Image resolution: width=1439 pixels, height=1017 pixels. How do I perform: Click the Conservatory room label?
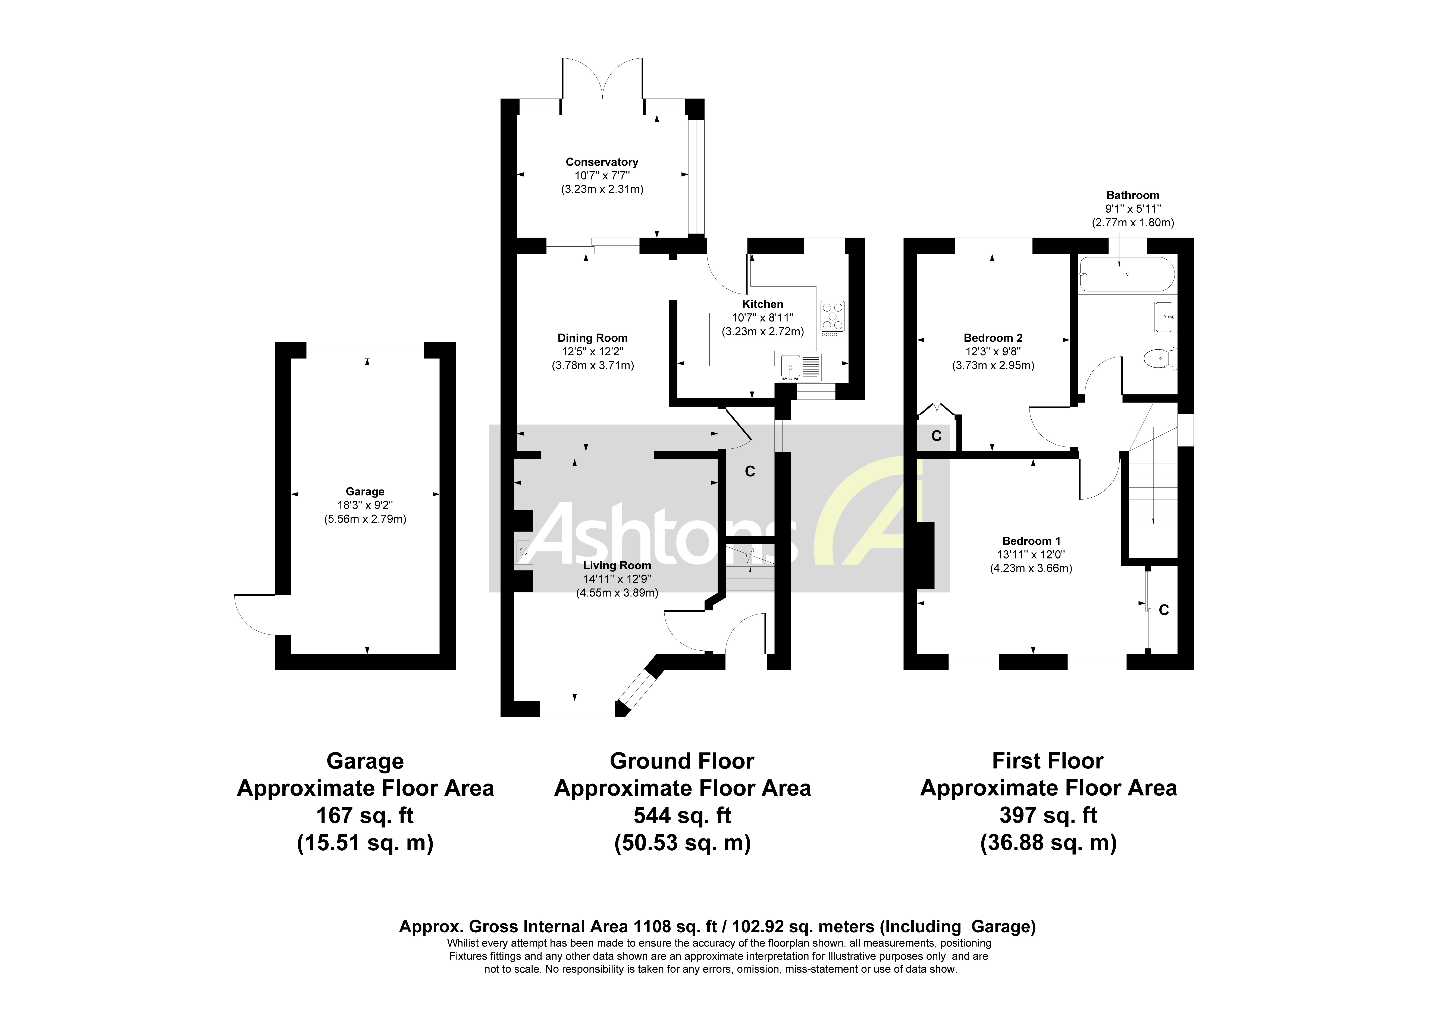[602, 162]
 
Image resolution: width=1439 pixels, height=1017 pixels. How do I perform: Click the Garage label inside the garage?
[365, 492]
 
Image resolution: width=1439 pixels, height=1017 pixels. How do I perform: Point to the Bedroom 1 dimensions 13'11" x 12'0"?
[1031, 554]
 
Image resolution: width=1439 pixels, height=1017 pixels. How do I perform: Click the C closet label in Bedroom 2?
[936, 436]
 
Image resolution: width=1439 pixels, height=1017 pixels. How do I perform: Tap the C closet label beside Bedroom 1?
[1164, 609]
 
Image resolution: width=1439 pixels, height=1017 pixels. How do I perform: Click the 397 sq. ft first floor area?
[1048, 815]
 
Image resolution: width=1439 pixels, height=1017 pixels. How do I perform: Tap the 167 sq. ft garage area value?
[365, 815]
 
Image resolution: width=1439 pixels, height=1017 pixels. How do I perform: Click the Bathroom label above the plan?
[1132, 195]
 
